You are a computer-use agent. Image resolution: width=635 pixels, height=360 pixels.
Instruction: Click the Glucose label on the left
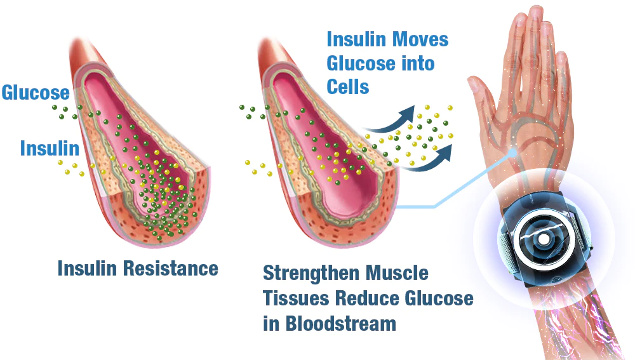point(36,93)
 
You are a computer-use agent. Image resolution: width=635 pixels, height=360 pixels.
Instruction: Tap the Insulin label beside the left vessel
point(50,148)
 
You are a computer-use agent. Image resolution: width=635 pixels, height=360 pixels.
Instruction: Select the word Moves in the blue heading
point(420,40)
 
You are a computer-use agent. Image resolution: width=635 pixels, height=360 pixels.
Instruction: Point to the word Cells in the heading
point(348,86)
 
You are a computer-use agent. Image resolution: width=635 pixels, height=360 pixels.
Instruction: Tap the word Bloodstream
point(340,324)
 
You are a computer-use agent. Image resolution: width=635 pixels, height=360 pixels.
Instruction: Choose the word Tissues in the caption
point(296,298)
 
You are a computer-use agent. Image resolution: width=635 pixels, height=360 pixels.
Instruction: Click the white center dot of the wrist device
point(544,240)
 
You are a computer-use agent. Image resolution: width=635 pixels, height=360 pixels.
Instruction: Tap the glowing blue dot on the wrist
point(512,152)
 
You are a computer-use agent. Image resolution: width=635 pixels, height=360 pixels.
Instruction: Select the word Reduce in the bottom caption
point(367,298)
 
